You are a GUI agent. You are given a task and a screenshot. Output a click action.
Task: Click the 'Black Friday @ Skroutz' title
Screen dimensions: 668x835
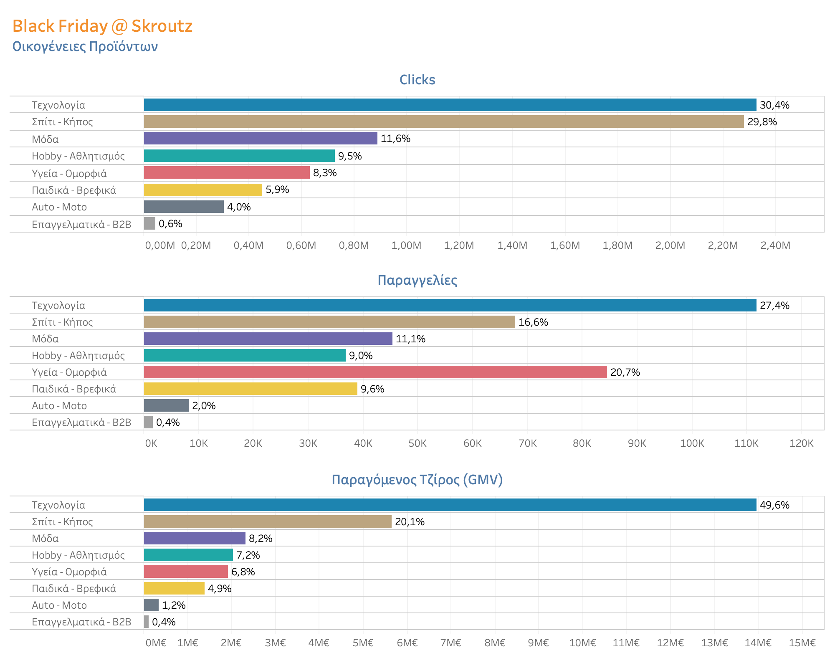pos(102,26)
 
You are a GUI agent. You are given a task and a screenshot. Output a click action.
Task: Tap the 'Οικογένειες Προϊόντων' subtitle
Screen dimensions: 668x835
pos(85,46)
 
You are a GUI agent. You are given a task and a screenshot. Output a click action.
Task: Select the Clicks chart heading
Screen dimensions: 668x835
pos(417,80)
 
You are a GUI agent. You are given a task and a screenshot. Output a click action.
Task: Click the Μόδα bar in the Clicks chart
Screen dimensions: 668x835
pos(261,138)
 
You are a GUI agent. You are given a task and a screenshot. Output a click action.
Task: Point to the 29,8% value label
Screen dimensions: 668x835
pos(762,122)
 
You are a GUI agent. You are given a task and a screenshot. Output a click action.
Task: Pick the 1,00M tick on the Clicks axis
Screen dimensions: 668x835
pos(406,245)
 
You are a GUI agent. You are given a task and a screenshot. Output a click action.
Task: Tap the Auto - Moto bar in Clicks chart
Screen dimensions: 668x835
pos(184,207)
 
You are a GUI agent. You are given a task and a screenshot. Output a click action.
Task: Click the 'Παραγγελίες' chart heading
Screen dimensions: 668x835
pos(417,280)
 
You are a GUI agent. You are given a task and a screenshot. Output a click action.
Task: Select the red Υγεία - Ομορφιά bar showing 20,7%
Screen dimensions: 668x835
pos(375,372)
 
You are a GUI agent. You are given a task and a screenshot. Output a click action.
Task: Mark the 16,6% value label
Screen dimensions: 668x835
pos(533,322)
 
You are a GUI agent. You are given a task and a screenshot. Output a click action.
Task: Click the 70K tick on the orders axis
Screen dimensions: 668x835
pos(527,443)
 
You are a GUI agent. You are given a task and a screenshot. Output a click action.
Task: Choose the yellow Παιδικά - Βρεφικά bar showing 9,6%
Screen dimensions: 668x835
pos(250,389)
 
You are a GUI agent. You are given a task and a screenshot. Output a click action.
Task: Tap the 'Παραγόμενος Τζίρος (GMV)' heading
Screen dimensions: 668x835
pos(417,480)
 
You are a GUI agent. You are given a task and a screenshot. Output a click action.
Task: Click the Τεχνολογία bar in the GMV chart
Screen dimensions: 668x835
pos(450,505)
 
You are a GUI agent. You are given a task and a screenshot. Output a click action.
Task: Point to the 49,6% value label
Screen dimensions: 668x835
pos(774,505)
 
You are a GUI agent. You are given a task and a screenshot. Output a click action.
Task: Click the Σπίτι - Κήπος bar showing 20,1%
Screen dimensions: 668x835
pos(268,521)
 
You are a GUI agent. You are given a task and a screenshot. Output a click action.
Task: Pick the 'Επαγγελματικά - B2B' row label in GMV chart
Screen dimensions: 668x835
pos(81,622)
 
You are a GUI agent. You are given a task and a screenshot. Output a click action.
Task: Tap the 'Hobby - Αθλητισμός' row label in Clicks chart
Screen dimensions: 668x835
pos(78,156)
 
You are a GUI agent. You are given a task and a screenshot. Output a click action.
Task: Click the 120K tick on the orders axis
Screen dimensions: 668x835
pos(801,443)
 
